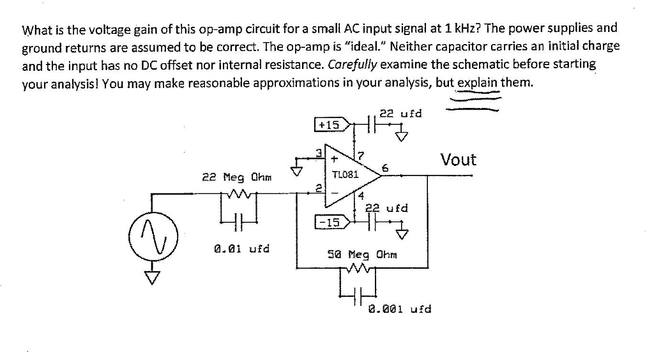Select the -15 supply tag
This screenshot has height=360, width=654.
pyautogui.click(x=330, y=222)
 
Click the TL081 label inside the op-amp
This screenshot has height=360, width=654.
pyautogui.click(x=346, y=174)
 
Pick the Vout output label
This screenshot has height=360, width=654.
pyautogui.click(x=459, y=160)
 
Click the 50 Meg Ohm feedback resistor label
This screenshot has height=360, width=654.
pyautogui.click(x=362, y=254)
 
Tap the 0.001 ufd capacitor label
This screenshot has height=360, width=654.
pyautogui.click(x=400, y=309)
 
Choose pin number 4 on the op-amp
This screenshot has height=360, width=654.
pyautogui.click(x=361, y=195)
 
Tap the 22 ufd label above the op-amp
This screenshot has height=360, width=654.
pyautogui.click(x=400, y=114)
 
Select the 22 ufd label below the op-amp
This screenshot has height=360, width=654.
pyautogui.click(x=386, y=208)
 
